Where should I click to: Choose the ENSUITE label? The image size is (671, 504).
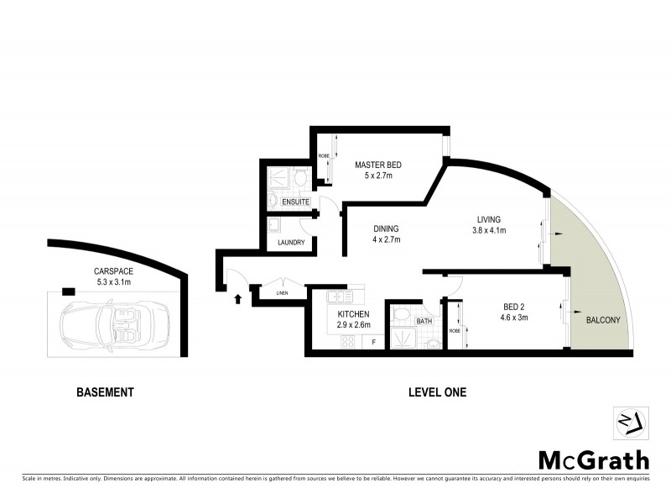tap(295, 203)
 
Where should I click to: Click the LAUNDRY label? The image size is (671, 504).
tap(290, 244)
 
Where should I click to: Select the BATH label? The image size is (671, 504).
tap(424, 321)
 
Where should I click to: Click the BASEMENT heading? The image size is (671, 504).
tap(105, 392)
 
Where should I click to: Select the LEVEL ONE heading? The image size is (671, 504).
tap(436, 392)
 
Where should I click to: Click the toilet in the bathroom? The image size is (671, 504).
tap(401, 316)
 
